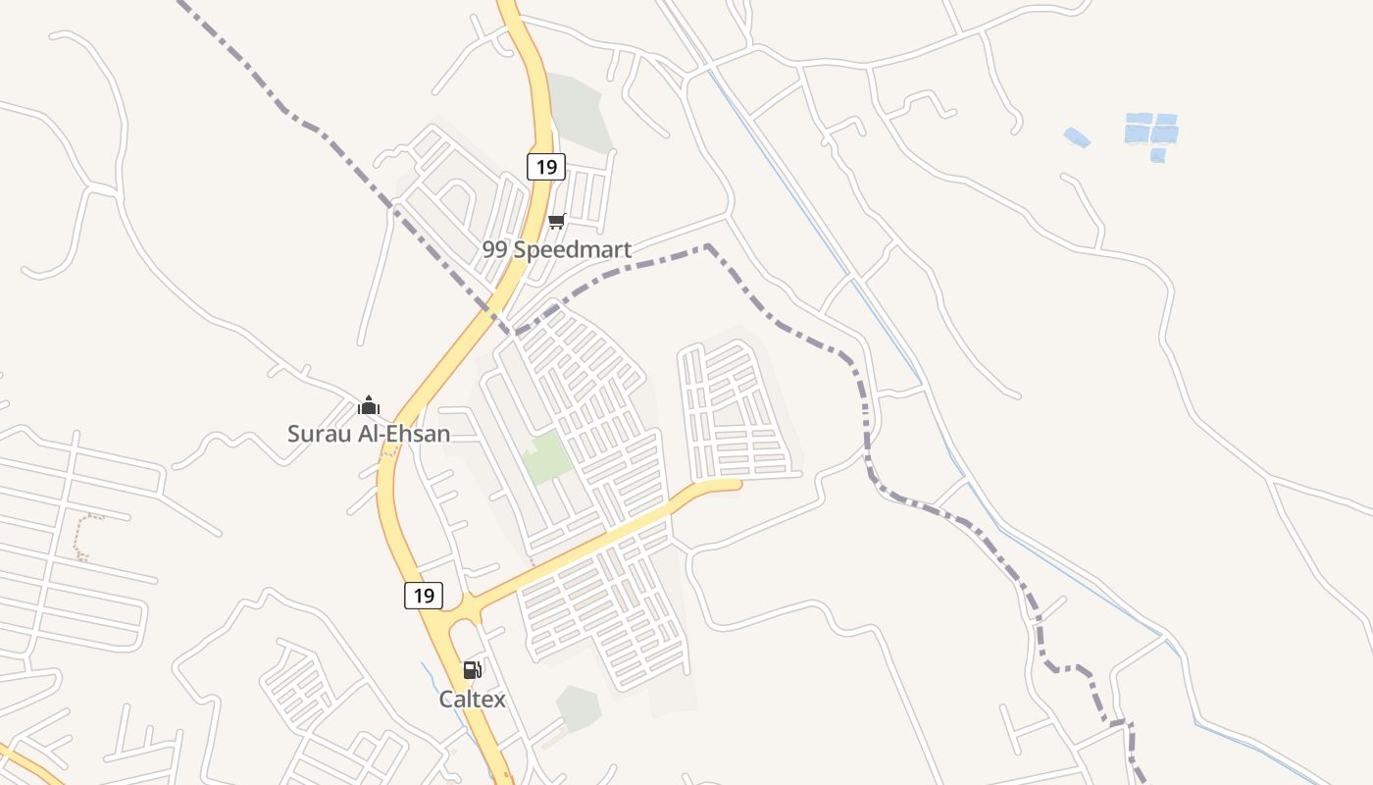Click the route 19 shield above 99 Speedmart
coord(546,167)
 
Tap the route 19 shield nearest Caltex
coord(424,595)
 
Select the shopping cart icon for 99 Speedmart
coord(557,221)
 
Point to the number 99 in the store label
coord(494,249)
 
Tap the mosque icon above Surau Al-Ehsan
coord(369,404)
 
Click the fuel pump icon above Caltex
coord(472,670)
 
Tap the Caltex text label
coord(472,699)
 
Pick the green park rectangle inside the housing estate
coord(544,457)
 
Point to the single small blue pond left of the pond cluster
coord(1077,137)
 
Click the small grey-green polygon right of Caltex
coord(579,706)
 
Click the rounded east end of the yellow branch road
coord(736,483)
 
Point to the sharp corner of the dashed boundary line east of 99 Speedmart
coord(707,245)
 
